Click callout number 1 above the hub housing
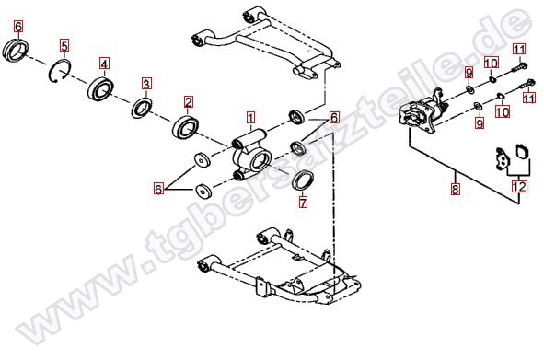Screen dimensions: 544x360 250,118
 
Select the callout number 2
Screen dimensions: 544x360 188,102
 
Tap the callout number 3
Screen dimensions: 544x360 146,84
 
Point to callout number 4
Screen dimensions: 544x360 104,64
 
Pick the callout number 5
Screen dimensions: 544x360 64,45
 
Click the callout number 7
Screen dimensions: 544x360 303,203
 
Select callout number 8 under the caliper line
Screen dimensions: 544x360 455,189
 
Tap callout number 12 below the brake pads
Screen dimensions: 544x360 519,187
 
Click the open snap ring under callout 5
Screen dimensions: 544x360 59,71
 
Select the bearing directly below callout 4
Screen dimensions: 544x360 100,88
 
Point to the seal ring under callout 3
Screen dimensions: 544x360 142,108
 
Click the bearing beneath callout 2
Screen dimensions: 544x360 185,127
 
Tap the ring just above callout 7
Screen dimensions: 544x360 303,180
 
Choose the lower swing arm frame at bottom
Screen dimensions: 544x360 279,267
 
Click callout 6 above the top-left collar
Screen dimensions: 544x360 18,26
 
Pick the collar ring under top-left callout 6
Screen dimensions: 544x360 16,51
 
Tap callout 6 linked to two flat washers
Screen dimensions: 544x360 158,189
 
